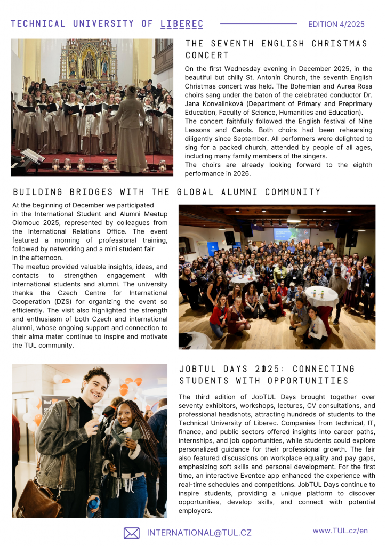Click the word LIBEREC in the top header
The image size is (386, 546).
(x=182, y=24)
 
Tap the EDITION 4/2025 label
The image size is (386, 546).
(x=336, y=24)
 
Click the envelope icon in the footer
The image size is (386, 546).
(x=131, y=533)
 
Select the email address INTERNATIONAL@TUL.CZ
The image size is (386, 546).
(x=199, y=533)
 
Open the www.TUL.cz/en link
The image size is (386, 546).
(x=340, y=531)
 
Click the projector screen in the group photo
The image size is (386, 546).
(x=292, y=235)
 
